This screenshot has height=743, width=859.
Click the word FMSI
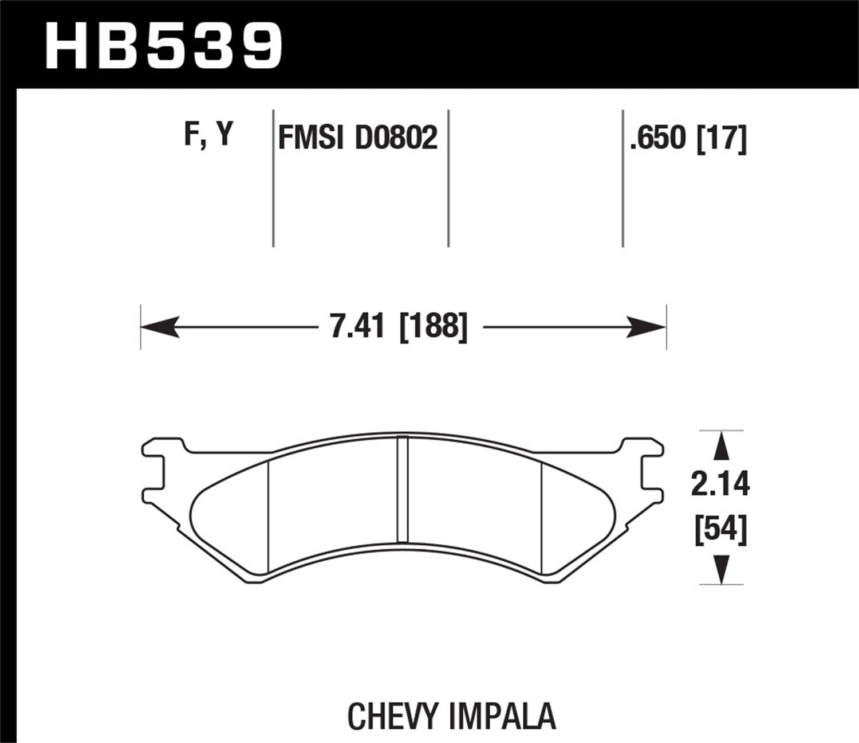pyautogui.click(x=312, y=138)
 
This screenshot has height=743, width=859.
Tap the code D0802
pyautogui.click(x=396, y=138)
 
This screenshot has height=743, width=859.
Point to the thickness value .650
pyautogui.click(x=657, y=138)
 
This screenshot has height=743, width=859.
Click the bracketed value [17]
pyautogui.click(x=721, y=138)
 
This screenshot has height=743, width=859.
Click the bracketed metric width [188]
pyautogui.click(x=434, y=327)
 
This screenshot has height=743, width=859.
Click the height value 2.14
pyautogui.click(x=720, y=485)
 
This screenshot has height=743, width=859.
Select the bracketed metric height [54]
pyautogui.click(x=720, y=530)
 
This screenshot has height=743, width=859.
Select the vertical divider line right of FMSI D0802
pyautogui.click(x=448, y=178)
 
